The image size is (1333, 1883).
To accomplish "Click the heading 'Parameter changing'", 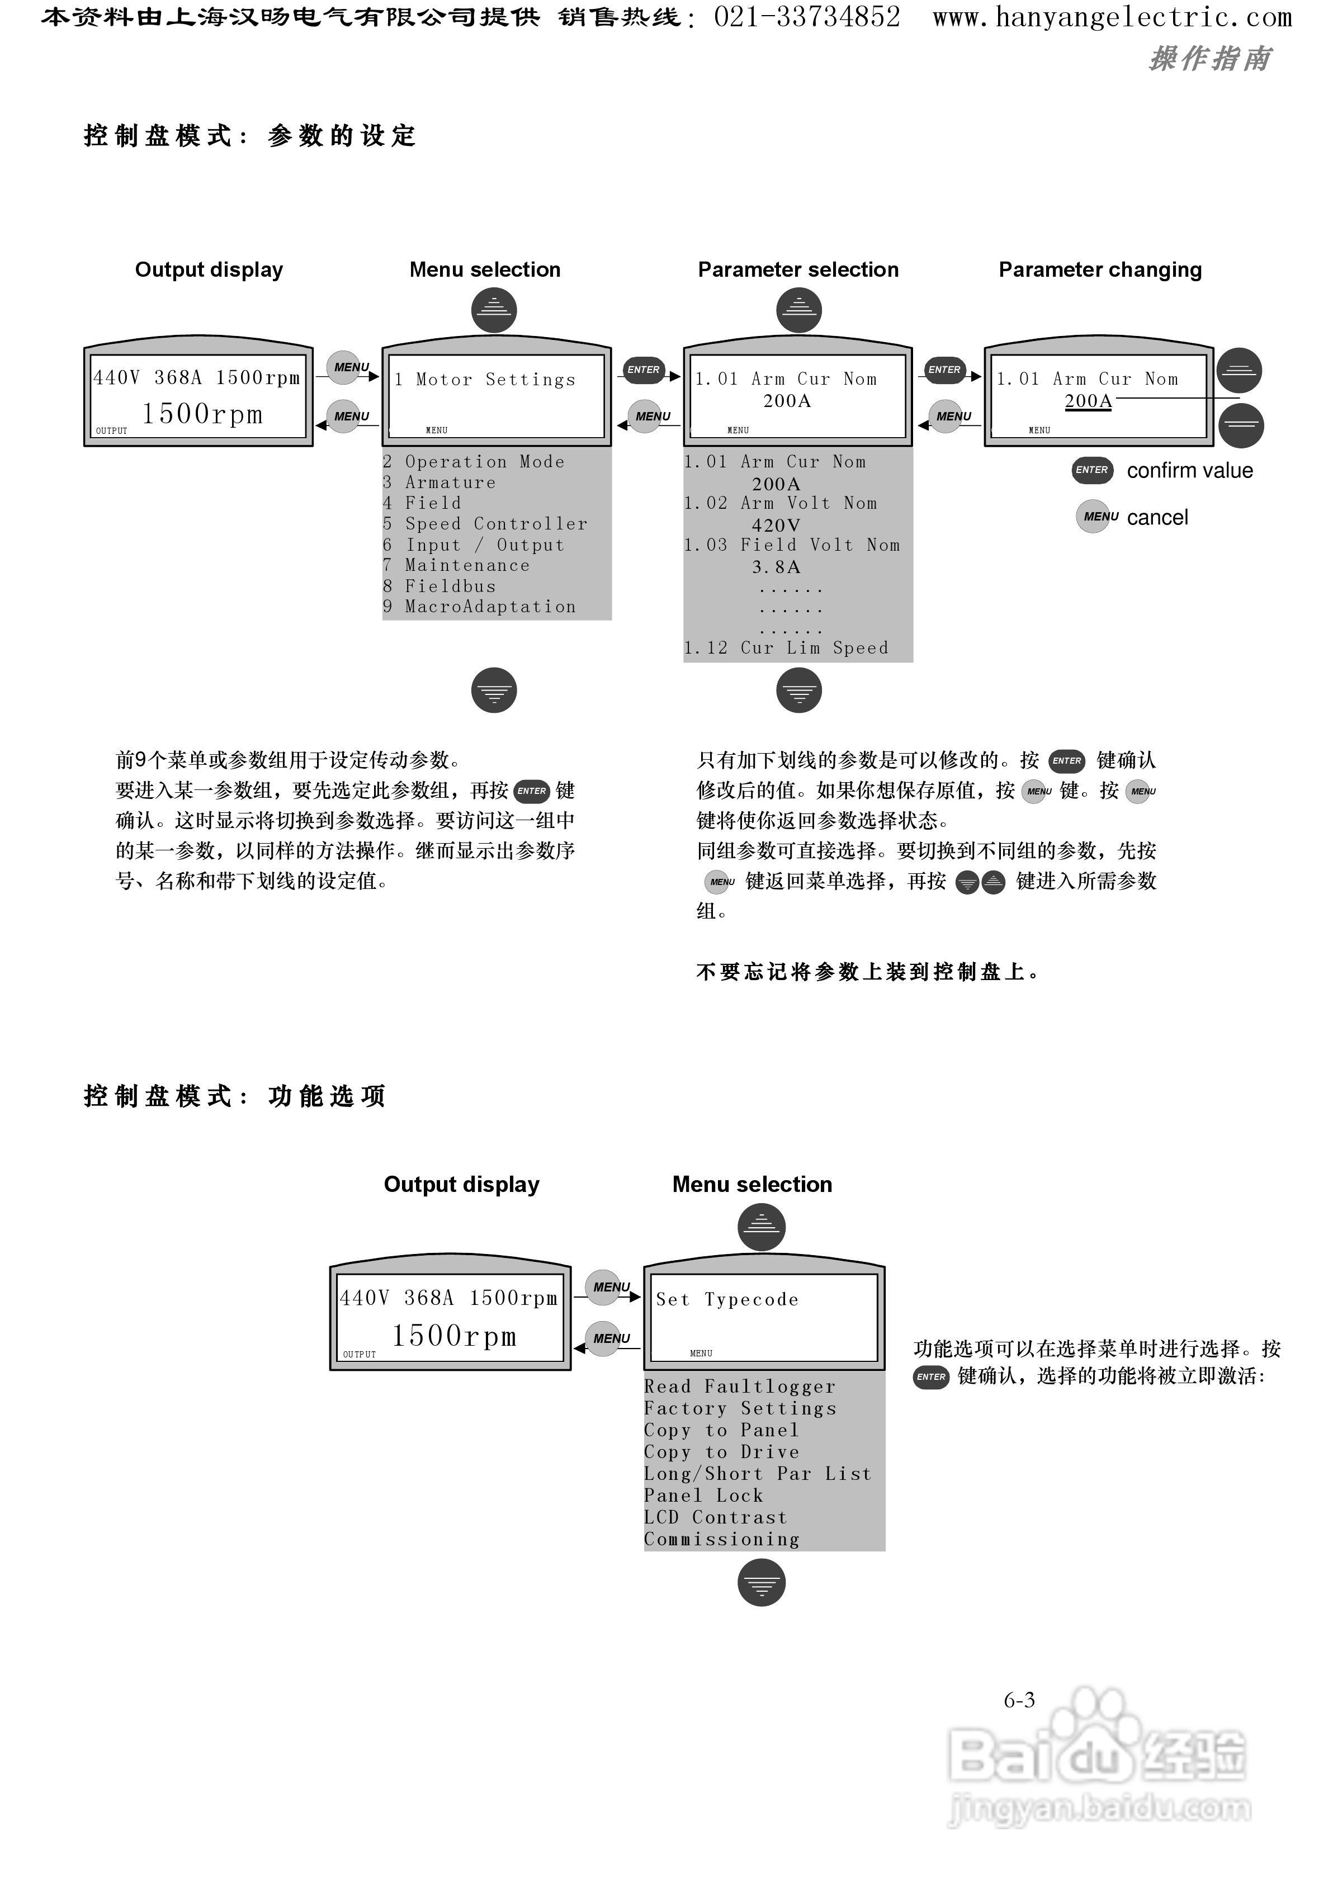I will point(1099,270).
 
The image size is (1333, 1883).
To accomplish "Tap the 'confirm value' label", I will point(1189,471).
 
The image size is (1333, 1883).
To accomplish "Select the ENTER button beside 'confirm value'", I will point(1091,470).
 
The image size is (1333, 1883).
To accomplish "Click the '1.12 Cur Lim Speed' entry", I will point(786,648).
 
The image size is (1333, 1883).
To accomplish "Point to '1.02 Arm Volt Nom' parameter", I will point(780,504).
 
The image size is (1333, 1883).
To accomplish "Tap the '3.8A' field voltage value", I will point(776,567).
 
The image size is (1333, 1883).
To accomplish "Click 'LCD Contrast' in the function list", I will point(715,1518).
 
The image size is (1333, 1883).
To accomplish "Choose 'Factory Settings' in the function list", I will point(740,1409).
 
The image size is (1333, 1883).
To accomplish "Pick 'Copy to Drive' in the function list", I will point(721,1453).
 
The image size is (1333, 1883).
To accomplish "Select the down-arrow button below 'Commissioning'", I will point(761,1583).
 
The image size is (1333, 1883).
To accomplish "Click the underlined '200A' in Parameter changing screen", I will point(1088,401).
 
